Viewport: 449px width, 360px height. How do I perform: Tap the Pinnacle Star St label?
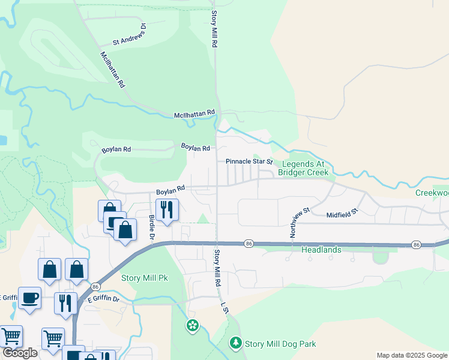(x=249, y=161)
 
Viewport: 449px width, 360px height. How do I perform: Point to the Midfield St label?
(x=342, y=213)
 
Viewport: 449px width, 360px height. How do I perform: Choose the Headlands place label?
(x=321, y=250)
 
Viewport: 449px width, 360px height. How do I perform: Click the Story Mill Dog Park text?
(x=280, y=344)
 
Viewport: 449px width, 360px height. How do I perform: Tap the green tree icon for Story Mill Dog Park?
(x=237, y=343)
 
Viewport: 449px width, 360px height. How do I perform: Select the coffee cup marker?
(x=29, y=297)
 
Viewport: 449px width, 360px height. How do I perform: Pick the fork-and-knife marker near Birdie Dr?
(x=167, y=209)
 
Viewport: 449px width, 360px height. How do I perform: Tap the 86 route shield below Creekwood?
(x=416, y=245)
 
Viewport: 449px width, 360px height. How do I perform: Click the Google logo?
(x=20, y=353)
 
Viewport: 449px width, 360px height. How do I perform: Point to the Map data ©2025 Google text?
(x=412, y=355)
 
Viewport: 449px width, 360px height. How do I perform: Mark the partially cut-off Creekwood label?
(x=432, y=193)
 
